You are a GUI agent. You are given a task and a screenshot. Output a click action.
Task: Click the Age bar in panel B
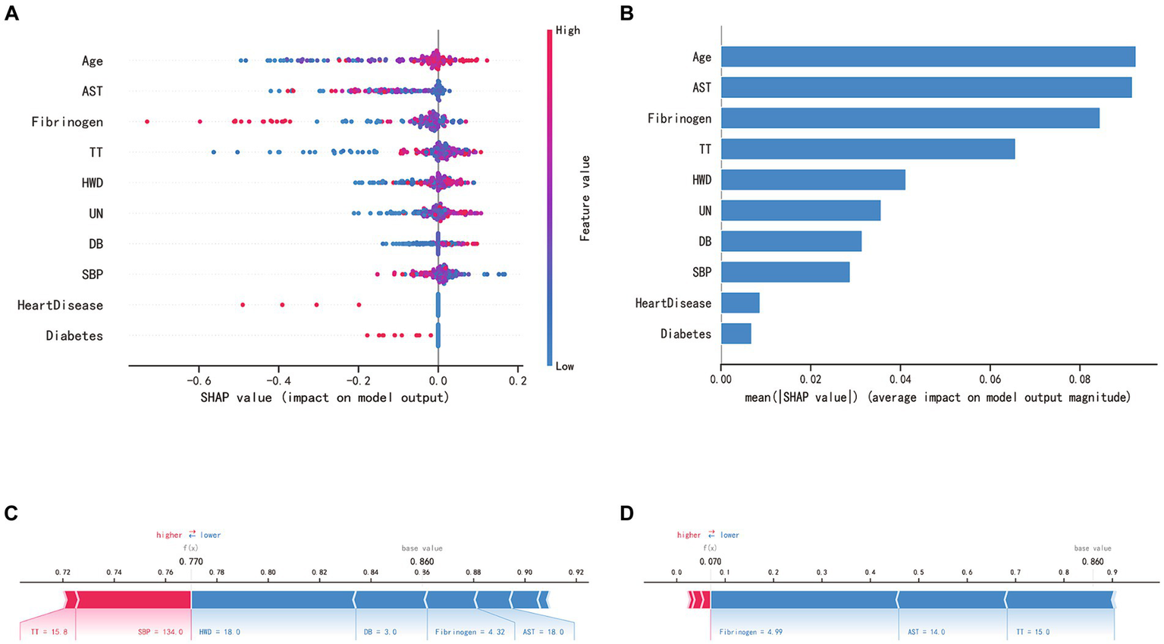[927, 57]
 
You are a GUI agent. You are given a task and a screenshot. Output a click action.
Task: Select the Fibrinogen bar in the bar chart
[910, 118]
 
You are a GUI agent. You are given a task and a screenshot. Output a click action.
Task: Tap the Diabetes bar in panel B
[736, 334]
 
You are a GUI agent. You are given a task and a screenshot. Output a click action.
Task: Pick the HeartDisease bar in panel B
[740, 303]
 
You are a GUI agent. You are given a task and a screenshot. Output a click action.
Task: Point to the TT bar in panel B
[868, 149]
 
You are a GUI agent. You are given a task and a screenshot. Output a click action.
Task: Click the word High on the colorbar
[567, 30]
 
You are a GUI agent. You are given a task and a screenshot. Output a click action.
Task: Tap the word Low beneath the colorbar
[564, 366]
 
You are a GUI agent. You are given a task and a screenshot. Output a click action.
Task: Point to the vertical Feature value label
[585, 198]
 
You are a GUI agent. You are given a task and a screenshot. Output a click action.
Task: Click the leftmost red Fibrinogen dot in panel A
[147, 121]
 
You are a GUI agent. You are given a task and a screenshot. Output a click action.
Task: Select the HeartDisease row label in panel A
[60, 305]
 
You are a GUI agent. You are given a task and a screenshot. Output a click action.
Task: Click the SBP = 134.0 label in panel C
[160, 631]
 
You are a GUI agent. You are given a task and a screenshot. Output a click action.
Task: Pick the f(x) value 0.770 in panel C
[191, 561]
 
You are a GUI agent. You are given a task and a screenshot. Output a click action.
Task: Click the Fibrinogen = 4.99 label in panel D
[751, 631]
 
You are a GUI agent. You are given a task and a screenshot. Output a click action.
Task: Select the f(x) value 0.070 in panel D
[710, 561]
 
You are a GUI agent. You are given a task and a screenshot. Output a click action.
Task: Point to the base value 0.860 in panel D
[1093, 561]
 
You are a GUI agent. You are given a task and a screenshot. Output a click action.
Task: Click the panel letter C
[11, 514]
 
